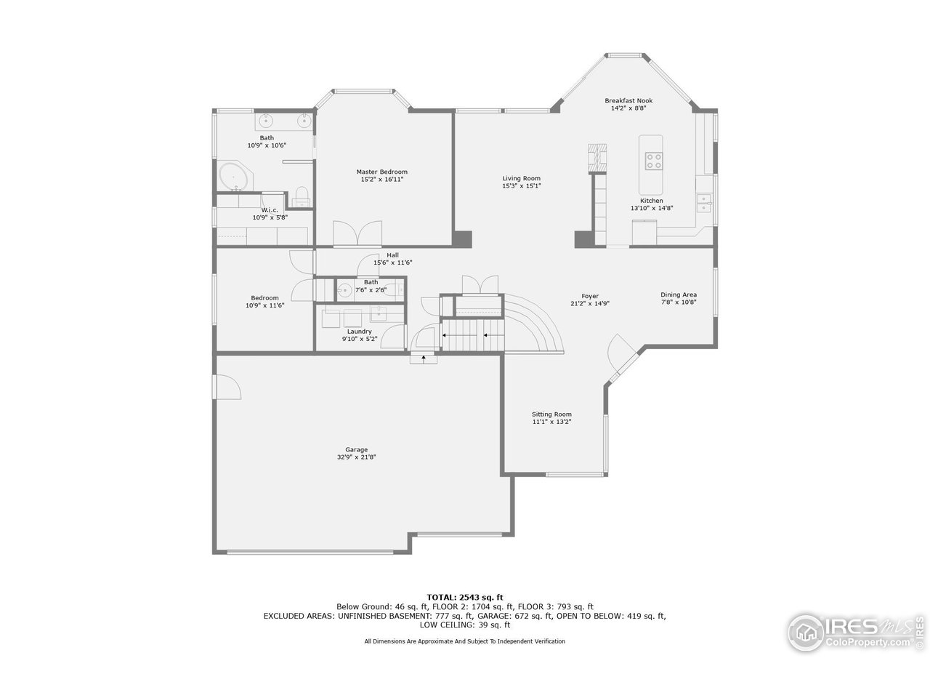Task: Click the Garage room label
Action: click(356, 449)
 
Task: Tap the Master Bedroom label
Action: click(381, 172)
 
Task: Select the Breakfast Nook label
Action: click(628, 100)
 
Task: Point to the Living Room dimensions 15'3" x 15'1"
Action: click(521, 186)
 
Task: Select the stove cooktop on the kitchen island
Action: click(653, 160)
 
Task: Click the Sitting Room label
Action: click(551, 414)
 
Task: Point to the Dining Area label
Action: click(679, 294)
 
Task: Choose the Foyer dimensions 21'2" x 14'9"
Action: click(589, 304)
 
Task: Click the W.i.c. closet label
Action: click(270, 210)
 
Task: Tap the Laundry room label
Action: click(359, 332)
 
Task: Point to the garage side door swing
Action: click(227, 387)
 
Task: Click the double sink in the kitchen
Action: click(703, 203)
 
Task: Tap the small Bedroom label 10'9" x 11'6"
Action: click(264, 297)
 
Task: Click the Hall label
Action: click(392, 254)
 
